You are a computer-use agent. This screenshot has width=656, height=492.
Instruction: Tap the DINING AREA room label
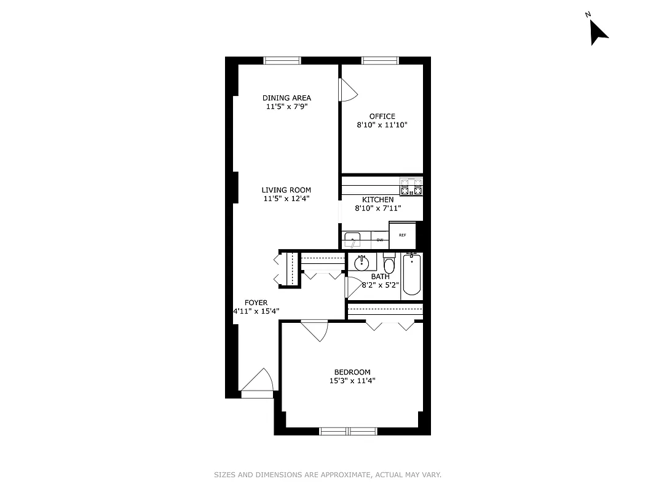click(287, 98)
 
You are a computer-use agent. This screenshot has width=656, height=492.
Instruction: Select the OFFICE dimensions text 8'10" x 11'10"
click(382, 125)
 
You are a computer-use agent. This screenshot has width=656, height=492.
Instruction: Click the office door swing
click(347, 91)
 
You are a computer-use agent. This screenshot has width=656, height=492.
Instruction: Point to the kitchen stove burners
click(411, 186)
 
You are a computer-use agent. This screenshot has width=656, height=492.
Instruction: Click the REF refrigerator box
click(403, 236)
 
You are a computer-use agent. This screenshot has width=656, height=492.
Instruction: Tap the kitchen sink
click(352, 239)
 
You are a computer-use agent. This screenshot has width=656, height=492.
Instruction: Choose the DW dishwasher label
click(380, 240)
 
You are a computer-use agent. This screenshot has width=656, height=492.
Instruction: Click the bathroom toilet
click(389, 265)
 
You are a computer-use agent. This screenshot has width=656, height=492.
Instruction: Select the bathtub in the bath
click(412, 276)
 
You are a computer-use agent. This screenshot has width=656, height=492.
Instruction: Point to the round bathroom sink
click(361, 262)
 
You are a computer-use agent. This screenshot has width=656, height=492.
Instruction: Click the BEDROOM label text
click(352, 372)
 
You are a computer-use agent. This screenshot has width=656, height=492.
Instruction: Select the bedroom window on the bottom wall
click(349, 431)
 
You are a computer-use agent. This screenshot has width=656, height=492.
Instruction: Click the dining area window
click(282, 60)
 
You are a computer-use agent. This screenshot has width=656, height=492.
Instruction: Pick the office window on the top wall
click(380, 60)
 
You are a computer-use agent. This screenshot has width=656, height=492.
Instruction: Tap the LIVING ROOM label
click(287, 190)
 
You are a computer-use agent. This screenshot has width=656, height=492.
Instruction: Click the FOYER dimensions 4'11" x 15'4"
click(256, 311)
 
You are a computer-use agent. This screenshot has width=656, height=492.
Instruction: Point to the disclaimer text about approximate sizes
click(328, 475)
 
